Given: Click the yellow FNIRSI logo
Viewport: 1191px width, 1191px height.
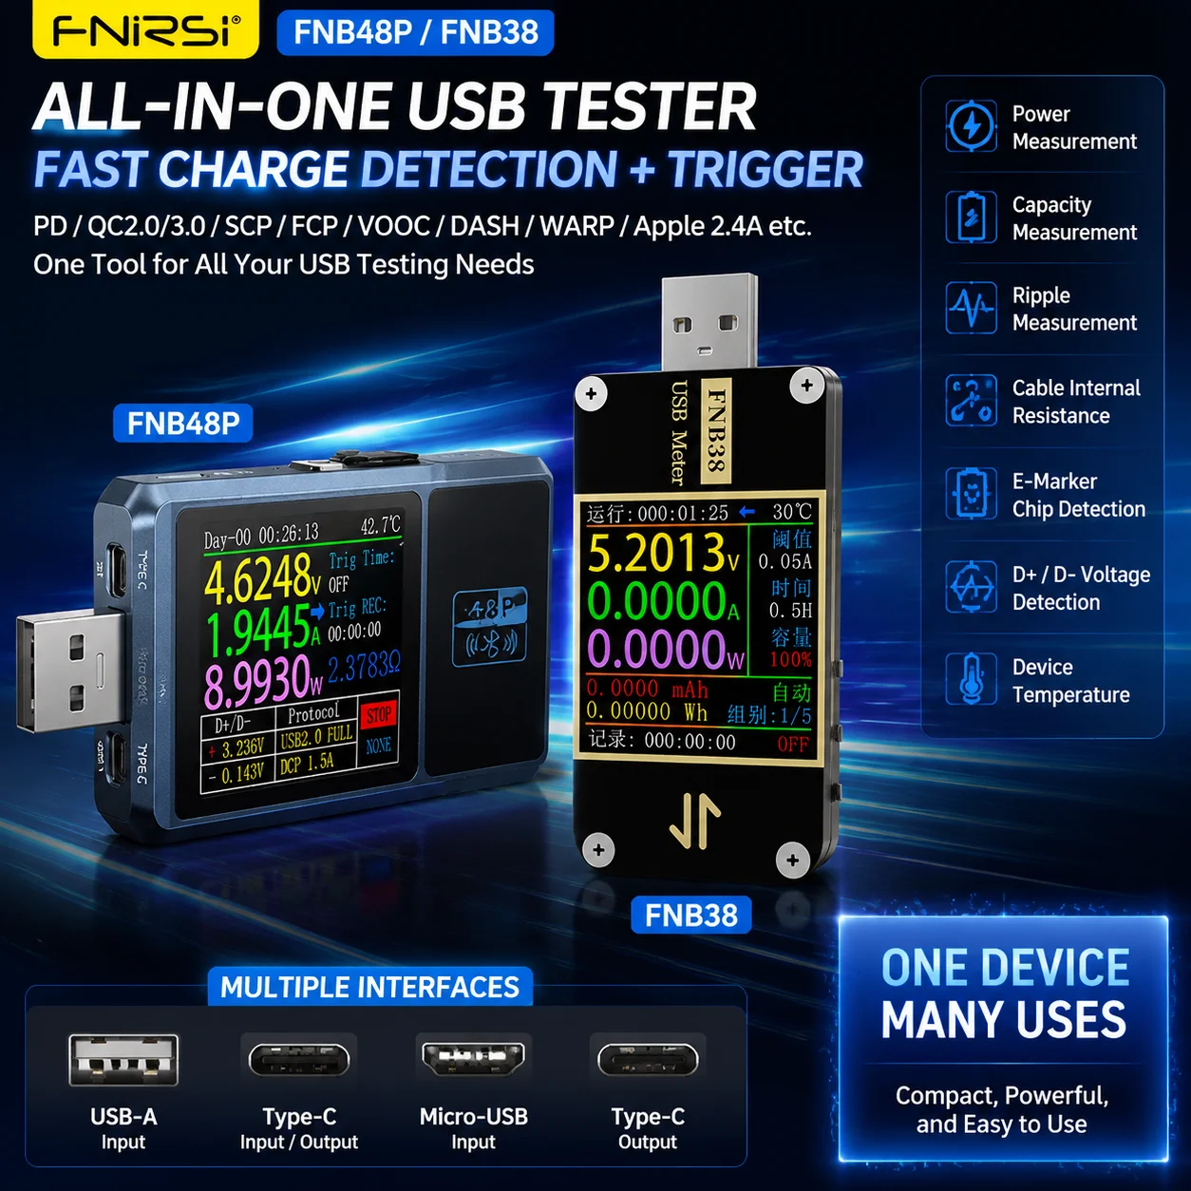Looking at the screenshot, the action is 146,29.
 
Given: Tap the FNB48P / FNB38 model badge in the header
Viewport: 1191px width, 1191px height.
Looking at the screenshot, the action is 415,32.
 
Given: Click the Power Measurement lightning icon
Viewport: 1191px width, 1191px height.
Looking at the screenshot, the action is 971,126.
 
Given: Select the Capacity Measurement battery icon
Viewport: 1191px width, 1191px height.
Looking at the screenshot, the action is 971,217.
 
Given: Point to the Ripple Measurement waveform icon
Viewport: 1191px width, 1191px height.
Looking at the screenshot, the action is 971,308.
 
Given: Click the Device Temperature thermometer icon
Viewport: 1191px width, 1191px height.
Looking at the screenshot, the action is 971,679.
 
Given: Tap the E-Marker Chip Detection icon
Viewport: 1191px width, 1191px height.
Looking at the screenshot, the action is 971,493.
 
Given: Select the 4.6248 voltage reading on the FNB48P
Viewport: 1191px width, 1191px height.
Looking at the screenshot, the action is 263,578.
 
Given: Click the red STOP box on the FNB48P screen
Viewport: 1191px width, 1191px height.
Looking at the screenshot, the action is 378,716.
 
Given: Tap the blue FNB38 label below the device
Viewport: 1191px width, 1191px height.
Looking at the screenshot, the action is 691,915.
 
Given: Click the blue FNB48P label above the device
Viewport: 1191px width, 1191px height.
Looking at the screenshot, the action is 183,424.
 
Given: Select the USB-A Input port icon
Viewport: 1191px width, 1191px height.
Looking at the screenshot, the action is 123,1060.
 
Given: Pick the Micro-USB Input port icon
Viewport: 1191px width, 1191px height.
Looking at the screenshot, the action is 473,1058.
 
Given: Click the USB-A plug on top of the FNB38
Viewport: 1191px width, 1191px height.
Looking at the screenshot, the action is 709,323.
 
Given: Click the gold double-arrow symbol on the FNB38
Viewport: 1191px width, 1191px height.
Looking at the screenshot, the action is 695,820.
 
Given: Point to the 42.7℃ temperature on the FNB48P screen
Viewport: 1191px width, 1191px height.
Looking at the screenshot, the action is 381,526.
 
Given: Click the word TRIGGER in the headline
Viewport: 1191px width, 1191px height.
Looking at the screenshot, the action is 766,169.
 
